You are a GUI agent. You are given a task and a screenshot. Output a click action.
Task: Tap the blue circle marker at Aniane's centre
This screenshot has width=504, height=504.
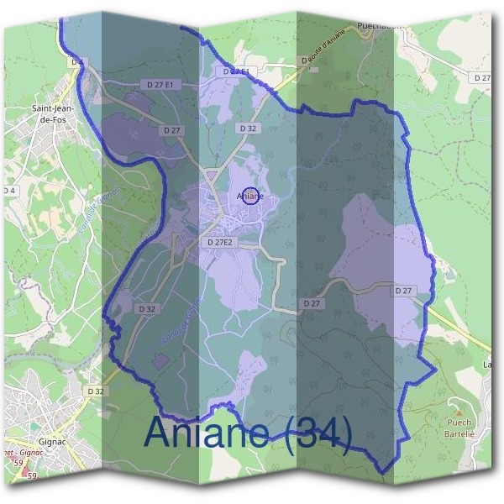249,197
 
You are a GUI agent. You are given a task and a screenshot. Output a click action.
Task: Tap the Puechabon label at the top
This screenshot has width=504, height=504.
379,24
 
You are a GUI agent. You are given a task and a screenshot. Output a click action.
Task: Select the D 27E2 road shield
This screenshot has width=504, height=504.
221,242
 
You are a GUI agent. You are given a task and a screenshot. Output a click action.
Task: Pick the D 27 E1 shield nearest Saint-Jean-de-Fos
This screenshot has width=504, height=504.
159,85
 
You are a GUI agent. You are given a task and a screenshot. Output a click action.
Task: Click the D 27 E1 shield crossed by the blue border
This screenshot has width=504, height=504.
237,72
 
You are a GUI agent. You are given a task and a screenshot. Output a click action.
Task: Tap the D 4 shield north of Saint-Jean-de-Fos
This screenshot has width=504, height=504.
77,62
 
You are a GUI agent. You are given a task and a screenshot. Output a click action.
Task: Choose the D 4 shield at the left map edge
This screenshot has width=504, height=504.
9,191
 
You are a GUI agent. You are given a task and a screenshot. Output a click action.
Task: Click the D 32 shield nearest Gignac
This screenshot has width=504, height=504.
95,391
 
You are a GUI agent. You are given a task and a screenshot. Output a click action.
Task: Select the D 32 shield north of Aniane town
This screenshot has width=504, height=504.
247,129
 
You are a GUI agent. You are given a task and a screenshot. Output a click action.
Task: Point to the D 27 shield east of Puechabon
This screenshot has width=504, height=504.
481,77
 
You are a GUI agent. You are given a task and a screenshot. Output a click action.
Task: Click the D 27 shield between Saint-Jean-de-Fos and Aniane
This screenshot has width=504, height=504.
171,130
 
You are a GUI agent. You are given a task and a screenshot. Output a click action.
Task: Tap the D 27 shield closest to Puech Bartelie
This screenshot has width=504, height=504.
405,291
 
